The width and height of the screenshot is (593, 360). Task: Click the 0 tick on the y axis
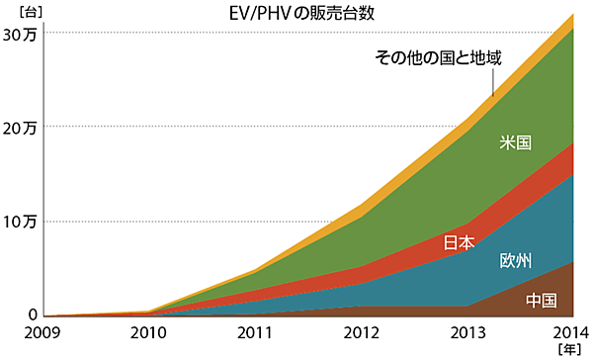(32, 315)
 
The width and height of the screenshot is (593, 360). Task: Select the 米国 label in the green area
(516, 143)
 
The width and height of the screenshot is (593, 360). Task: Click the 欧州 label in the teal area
(516, 261)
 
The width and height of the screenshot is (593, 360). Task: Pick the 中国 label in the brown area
(541, 301)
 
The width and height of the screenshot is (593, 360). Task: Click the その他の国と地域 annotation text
(439, 57)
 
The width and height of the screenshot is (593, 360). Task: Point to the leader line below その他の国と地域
(493, 84)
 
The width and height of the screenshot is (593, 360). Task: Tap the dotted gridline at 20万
(247, 127)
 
